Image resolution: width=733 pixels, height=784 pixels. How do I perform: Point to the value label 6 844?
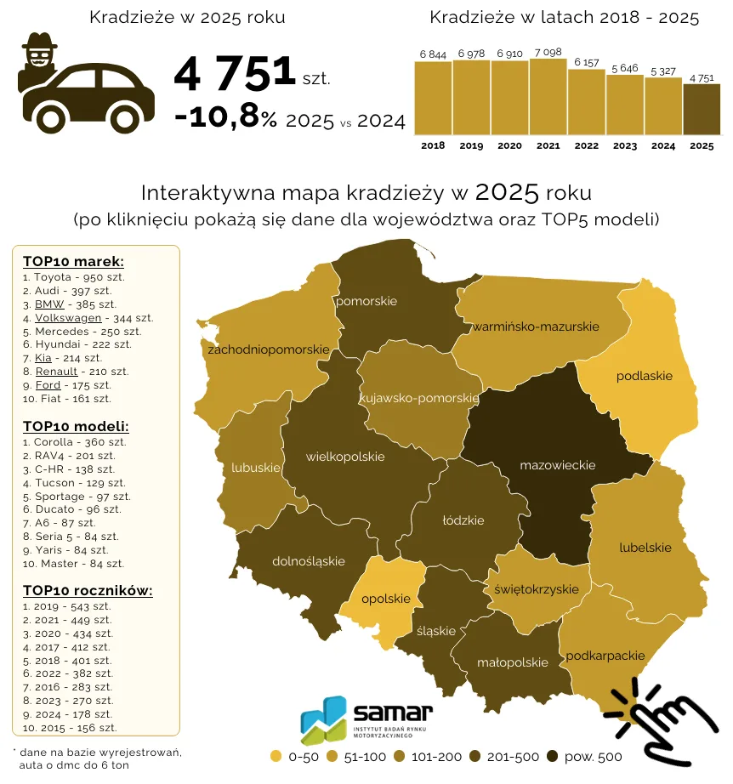click(433, 54)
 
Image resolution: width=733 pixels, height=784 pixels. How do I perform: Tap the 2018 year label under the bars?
click(433, 146)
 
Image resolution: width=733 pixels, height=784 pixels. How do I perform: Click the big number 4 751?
click(234, 73)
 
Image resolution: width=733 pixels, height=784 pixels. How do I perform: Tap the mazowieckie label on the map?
click(558, 465)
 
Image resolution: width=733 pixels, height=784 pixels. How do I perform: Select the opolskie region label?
click(386, 599)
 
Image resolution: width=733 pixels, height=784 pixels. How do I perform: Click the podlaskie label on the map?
click(644, 376)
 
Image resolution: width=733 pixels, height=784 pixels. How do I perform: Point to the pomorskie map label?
click(366, 301)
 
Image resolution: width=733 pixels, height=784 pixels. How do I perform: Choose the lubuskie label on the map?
click(255, 468)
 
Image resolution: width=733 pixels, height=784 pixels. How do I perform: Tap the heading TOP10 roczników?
click(88, 591)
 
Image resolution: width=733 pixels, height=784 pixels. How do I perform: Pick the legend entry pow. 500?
click(584, 757)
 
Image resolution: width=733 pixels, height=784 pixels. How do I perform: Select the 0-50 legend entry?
click(294, 757)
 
